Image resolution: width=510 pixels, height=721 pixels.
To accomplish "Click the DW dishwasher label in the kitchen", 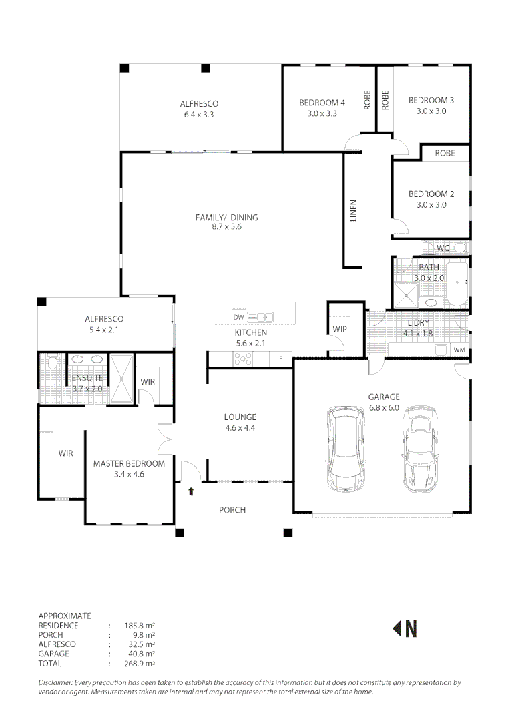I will point(238,316).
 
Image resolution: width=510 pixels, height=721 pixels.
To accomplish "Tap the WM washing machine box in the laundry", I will point(459,350).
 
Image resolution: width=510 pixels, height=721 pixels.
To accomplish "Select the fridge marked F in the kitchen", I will point(280,359).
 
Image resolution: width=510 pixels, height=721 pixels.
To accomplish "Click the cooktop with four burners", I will point(242,359).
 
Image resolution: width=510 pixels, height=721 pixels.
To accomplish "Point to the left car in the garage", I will point(346,449).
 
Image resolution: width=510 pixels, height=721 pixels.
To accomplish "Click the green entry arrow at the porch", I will point(192,492).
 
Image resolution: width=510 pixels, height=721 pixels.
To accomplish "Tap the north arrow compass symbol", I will point(405,628).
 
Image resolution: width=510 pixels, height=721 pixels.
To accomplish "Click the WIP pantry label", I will point(339,329).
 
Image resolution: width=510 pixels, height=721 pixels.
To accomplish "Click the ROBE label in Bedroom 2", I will point(445,153).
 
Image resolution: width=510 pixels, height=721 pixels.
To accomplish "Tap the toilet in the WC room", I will point(460,248).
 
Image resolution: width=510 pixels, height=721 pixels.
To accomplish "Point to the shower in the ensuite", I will point(121,380).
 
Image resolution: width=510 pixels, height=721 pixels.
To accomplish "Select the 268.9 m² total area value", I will point(140,664).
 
